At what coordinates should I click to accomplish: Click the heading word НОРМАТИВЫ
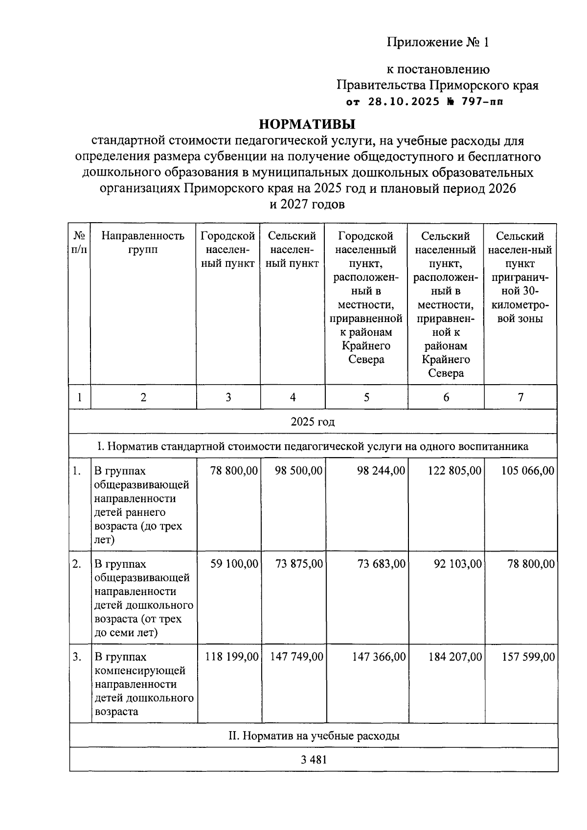pyautogui.click(x=307, y=124)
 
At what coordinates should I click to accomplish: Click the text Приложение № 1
pyautogui.click(x=438, y=43)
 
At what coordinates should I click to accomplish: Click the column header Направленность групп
pyautogui.click(x=143, y=243)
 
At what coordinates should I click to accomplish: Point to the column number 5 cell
pyautogui.click(x=366, y=397)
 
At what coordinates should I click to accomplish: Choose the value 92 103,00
pyautogui.click(x=458, y=564)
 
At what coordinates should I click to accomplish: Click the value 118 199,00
pyautogui.click(x=231, y=657)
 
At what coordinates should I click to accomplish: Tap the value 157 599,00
pyautogui.click(x=528, y=657)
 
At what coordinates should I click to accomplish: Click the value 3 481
pyautogui.click(x=314, y=760)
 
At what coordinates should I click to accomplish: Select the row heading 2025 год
pyautogui.click(x=313, y=422)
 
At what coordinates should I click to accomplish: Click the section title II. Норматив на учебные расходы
pyautogui.click(x=314, y=736)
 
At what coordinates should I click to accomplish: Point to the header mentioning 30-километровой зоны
pyautogui.click(x=520, y=305)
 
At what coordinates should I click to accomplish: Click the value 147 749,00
pyautogui.click(x=296, y=657)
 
